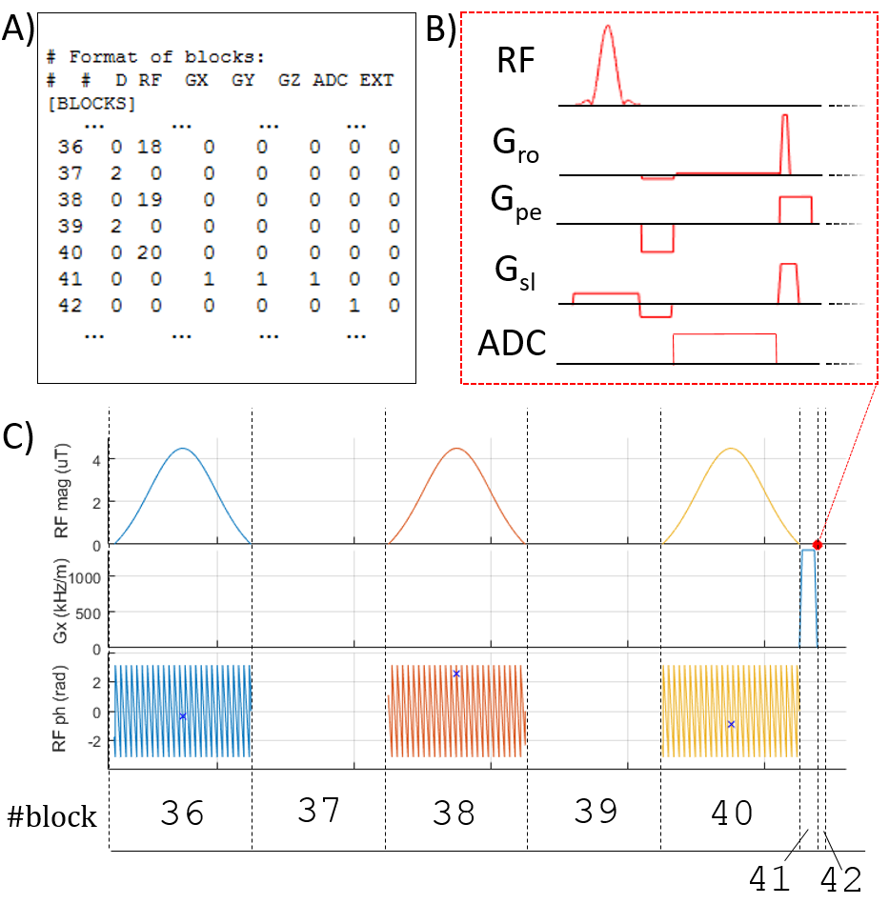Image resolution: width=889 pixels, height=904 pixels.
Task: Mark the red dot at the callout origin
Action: click(x=817, y=544)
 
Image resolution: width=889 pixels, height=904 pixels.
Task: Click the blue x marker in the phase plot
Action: click(x=182, y=715)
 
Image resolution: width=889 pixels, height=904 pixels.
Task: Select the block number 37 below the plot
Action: click(x=318, y=812)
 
